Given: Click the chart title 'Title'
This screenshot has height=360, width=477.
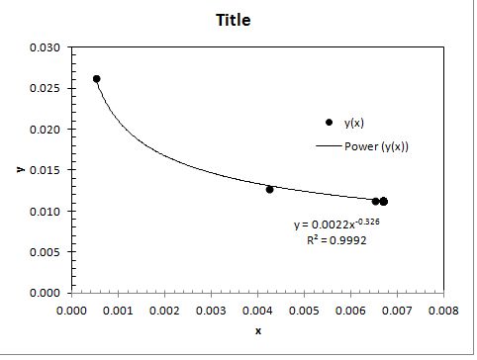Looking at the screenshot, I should (x=238, y=20).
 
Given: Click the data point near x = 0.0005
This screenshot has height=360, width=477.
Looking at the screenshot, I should (x=96, y=79).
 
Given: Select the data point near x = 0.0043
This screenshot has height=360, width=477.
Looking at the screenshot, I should (x=269, y=189).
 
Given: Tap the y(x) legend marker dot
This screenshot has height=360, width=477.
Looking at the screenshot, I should (x=329, y=122).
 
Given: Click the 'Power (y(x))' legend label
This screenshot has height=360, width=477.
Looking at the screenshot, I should (x=377, y=146).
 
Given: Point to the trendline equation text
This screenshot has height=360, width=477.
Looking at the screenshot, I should (x=336, y=225).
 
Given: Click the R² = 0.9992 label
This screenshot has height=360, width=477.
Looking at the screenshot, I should (x=336, y=240).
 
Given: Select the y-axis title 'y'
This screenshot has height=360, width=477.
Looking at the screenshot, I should (x=20, y=169).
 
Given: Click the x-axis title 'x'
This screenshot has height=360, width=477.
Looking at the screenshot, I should (x=258, y=330).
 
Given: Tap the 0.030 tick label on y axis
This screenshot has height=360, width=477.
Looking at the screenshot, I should (x=47, y=47).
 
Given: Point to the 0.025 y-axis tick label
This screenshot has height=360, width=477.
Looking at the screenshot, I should (x=47, y=88).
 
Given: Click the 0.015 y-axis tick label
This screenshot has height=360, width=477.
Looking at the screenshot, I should (x=47, y=170).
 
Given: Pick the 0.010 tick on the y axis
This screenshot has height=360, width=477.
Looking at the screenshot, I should (x=47, y=212).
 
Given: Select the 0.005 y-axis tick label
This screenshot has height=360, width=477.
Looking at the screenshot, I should (x=47, y=252).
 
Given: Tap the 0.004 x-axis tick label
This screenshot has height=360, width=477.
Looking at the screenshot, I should (x=257, y=310).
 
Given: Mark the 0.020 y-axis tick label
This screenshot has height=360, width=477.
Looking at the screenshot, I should (x=47, y=130).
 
